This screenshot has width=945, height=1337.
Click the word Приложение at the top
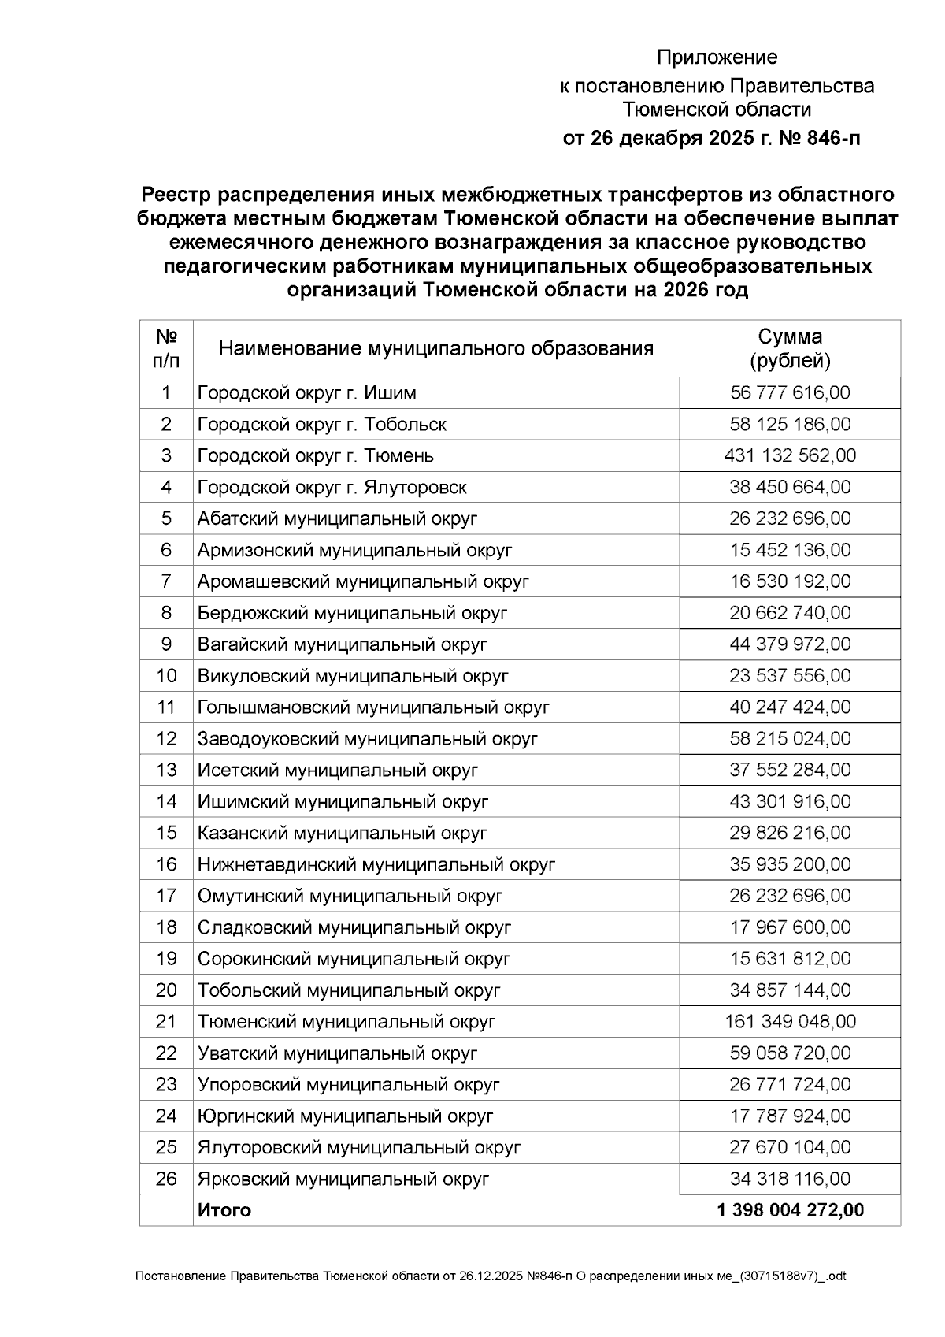point(717,58)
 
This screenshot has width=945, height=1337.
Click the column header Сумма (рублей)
point(790,348)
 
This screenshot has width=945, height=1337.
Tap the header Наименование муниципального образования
point(435,348)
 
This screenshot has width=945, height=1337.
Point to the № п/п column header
point(166,348)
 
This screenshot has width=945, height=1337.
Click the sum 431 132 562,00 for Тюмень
point(790,455)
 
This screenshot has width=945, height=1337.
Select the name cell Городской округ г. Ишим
point(307,392)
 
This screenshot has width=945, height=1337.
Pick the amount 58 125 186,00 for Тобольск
point(790,424)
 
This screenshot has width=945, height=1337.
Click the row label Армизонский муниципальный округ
point(354,550)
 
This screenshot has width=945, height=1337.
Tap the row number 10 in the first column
point(166,675)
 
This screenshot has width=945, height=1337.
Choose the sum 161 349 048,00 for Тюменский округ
point(790,1021)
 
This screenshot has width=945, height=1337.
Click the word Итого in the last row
point(224,1210)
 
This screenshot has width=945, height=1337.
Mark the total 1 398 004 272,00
point(790,1210)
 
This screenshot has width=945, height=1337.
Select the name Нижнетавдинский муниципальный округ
point(376,864)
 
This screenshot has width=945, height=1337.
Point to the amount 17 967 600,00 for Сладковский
point(790,927)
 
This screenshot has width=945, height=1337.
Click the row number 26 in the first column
point(166,1179)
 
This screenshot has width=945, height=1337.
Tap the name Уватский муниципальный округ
point(337,1053)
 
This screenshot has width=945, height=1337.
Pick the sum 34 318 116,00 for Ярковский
point(790,1179)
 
